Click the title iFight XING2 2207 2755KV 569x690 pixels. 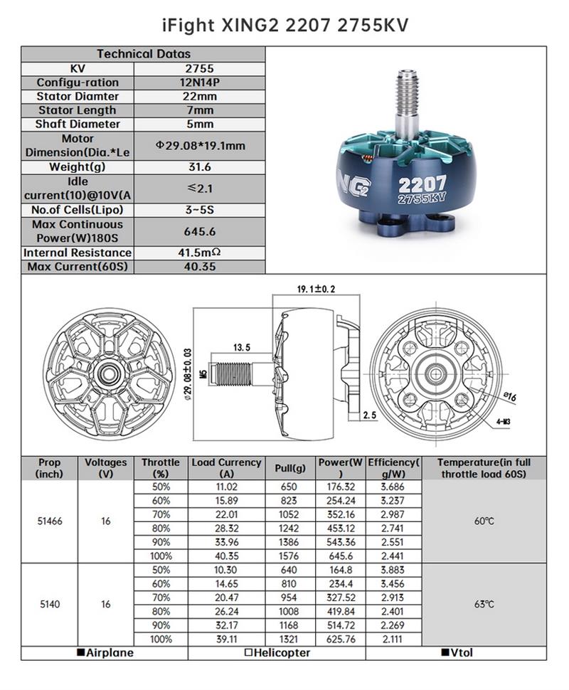click(284, 25)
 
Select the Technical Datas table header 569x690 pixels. click(144, 54)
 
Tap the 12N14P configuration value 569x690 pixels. click(200, 83)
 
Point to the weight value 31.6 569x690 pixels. click(200, 167)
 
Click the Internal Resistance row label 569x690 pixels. click(78, 253)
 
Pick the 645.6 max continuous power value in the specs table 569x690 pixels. click(200, 231)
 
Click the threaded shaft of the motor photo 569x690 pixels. click(408, 104)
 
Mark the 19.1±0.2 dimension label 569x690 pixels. click(316, 289)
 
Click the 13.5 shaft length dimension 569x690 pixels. click(242, 348)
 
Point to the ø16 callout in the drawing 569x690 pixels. click(509, 396)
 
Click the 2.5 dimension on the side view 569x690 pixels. click(369, 415)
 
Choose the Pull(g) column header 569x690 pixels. click(290, 468)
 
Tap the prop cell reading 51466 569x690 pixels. click(50, 521)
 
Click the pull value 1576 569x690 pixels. click(290, 556)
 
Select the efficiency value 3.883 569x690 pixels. click(393, 570)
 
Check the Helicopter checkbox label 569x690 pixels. click(277, 652)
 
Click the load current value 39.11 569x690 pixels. click(226, 639)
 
